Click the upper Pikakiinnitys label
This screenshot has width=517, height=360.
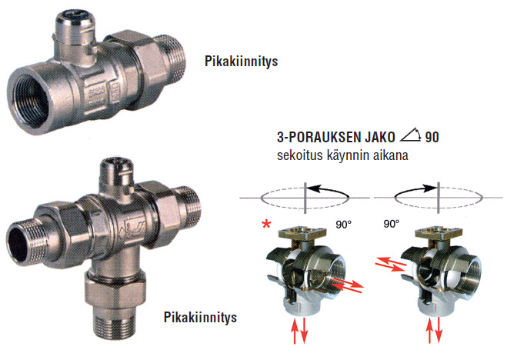[241, 62]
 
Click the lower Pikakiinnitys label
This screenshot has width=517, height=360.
[200, 318]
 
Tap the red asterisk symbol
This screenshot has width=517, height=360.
[266, 224]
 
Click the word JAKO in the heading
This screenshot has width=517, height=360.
[380, 137]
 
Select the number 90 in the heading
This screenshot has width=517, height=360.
[432, 137]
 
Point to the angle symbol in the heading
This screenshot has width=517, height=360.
[411, 135]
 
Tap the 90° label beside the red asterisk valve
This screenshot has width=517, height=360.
[344, 225]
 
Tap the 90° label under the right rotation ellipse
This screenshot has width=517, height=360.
[392, 224]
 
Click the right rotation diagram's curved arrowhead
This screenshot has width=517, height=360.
[430, 188]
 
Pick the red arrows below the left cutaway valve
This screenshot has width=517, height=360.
[299, 331]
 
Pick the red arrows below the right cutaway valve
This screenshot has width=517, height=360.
[434, 331]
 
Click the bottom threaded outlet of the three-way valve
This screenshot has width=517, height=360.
[113, 323]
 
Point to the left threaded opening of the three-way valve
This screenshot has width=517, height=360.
[20, 242]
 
